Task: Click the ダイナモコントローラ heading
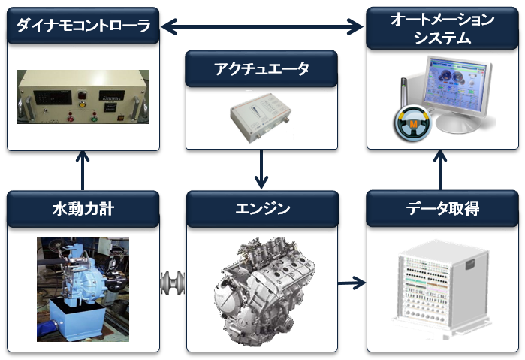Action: pyautogui.click(x=83, y=26)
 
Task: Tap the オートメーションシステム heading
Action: pyautogui.click(x=442, y=28)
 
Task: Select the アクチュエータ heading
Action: pyautogui.click(x=261, y=68)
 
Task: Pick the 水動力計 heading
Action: pyautogui.click(x=83, y=209)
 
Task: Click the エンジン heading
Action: pyautogui.click(x=263, y=208)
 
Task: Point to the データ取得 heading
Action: pyautogui.click(x=442, y=208)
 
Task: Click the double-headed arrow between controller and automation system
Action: pyautogui.click(x=262, y=26)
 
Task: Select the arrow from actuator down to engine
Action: pyautogui.click(x=261, y=169)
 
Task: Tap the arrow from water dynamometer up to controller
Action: pyautogui.click(x=83, y=171)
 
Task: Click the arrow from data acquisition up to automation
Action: pyautogui.click(x=440, y=170)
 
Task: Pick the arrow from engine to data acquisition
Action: pyautogui.click(x=352, y=283)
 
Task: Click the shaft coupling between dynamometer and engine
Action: pyautogui.click(x=173, y=283)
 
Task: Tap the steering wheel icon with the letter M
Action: pyautogui.click(x=413, y=123)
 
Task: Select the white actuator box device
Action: pyautogui.click(x=261, y=117)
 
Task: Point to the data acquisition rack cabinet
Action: pyautogui.click(x=442, y=289)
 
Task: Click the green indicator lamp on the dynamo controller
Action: pyautogui.click(x=95, y=118)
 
